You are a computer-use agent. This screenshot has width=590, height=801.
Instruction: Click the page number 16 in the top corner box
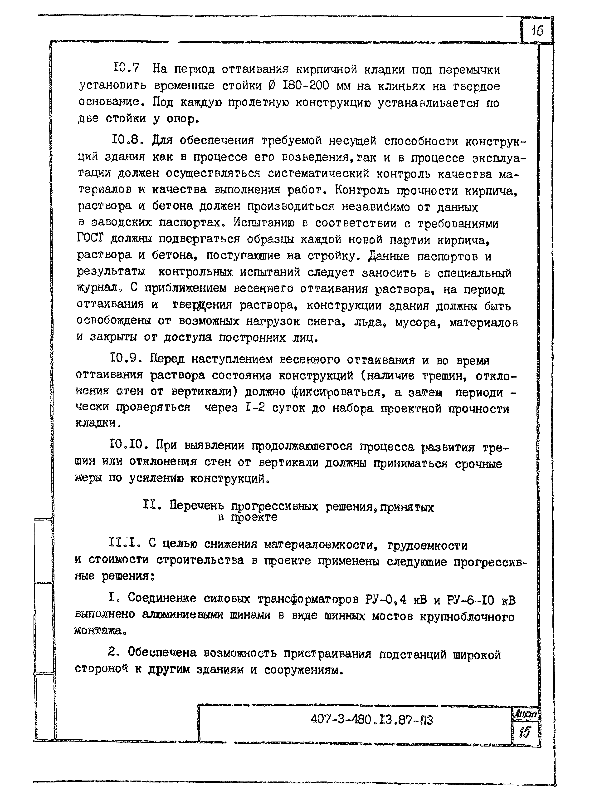[x=537, y=31]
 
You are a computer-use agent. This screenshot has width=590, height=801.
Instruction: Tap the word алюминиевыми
[x=182, y=615]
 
